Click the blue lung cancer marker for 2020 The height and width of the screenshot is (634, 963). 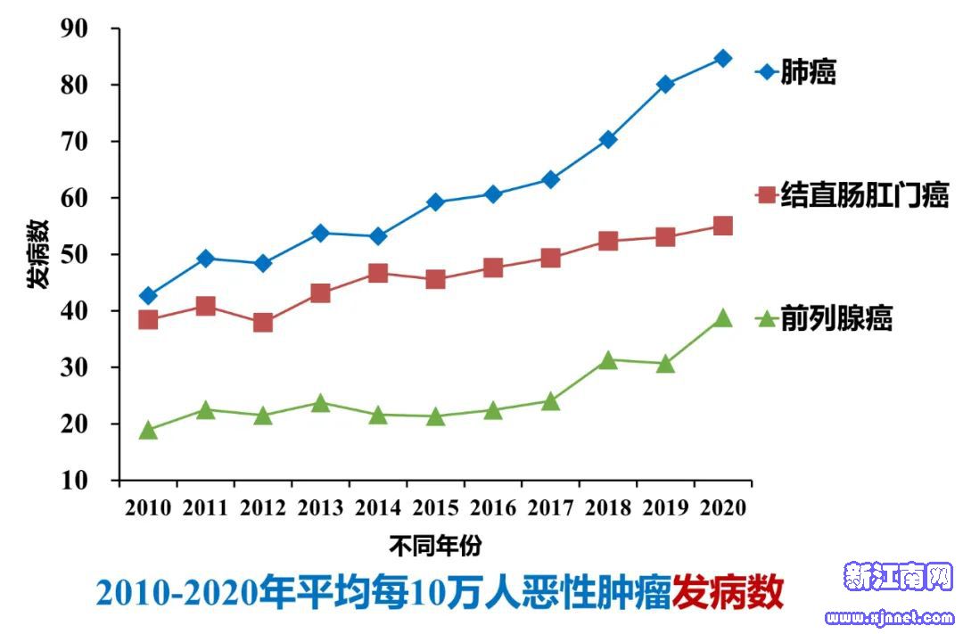723,59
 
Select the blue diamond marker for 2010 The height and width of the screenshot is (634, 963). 148,296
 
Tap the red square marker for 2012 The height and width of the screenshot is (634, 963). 263,322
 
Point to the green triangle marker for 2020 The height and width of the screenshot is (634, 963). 723,318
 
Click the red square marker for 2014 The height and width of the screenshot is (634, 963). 378,273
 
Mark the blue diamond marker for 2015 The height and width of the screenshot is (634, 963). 435,202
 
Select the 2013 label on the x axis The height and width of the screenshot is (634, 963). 320,508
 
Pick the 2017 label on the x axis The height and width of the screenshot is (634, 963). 550,508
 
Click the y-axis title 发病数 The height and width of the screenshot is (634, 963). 37,254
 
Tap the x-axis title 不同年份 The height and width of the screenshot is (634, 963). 435,545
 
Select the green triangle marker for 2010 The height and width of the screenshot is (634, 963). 148,432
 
